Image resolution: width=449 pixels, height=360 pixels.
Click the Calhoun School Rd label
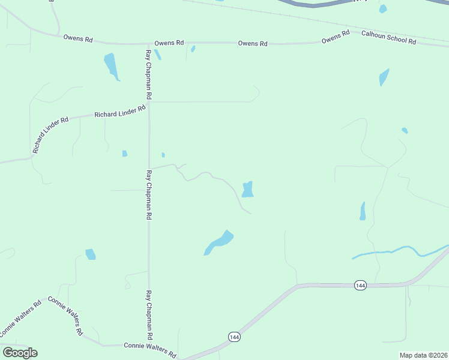click(388, 37)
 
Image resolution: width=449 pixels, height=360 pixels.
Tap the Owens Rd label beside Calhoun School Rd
click(336, 37)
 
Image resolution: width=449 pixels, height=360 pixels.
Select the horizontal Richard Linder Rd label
click(120, 112)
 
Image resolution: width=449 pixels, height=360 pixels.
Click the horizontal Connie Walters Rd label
click(149, 347)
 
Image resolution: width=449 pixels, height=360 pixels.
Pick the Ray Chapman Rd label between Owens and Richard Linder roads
click(148, 74)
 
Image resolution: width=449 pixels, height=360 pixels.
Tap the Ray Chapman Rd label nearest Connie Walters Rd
click(148, 316)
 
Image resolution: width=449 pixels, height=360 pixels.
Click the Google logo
click(20, 353)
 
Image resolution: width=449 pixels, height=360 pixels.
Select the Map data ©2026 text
click(424, 355)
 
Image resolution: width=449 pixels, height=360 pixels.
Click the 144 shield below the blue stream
click(360, 286)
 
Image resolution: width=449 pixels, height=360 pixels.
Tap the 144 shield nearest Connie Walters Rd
click(233, 337)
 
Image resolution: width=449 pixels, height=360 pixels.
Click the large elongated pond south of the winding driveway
click(218, 242)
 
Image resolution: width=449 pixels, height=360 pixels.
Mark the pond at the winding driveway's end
click(247, 190)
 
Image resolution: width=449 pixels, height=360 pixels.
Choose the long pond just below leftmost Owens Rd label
click(111, 65)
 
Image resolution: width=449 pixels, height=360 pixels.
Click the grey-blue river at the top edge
click(312, 3)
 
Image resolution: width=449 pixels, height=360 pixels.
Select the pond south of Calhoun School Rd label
click(384, 77)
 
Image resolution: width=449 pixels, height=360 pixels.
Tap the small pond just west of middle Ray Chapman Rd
click(125, 154)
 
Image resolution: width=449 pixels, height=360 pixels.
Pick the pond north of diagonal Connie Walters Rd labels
click(90, 254)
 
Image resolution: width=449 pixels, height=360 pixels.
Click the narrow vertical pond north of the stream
click(363, 211)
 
